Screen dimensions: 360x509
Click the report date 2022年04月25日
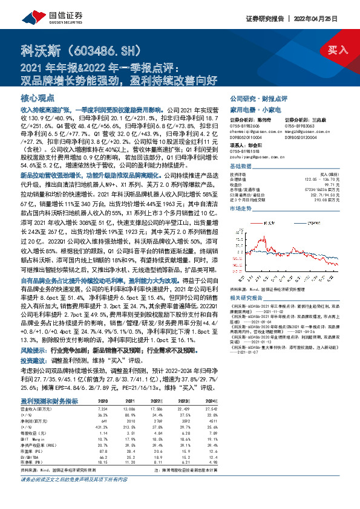click(x=329, y=19)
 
